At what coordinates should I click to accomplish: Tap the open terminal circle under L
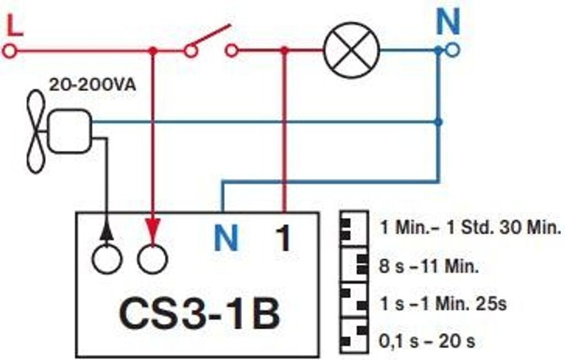pos(9,51)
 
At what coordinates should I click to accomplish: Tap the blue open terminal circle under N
pos(452,51)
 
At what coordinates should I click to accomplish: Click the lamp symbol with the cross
pos(351,50)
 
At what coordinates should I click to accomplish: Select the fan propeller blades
pos(36,131)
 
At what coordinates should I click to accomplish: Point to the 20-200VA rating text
pos(92,86)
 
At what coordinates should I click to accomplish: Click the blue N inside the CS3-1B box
pos(226,239)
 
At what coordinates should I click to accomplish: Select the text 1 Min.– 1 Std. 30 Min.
pos(471,227)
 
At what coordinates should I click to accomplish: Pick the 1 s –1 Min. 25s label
pos(444,304)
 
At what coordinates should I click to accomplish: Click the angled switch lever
pos(209,37)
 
